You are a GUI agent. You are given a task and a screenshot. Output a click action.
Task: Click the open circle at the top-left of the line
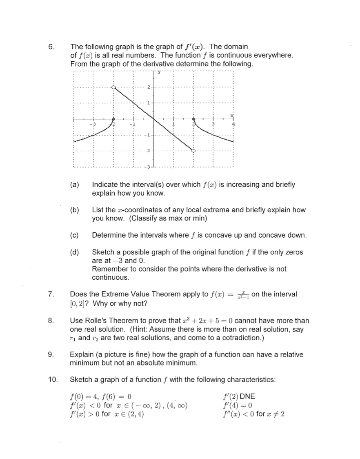[x=114, y=87]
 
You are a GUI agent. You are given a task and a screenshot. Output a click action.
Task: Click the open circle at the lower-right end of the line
[x=194, y=151]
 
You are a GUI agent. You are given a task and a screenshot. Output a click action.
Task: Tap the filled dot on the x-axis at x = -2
[x=114, y=119]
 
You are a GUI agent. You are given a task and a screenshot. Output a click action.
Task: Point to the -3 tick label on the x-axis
[x=93, y=124]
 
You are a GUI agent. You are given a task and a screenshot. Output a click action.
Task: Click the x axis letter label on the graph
[x=231, y=115]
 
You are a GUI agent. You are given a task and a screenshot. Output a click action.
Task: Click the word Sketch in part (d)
[x=103, y=252]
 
